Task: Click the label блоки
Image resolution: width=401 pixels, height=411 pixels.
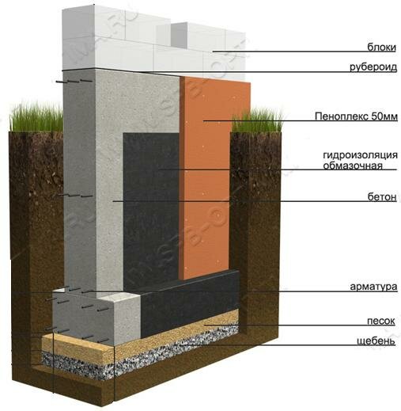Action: click(x=381, y=47)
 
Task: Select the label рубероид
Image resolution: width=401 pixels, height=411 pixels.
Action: click(x=373, y=67)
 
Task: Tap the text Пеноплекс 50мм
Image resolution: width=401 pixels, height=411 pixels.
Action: click(x=356, y=116)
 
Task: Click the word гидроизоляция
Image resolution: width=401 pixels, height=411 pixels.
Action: click(x=360, y=155)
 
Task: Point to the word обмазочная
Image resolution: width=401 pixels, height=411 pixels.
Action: click(x=353, y=166)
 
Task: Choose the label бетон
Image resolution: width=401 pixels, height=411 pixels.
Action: click(x=382, y=196)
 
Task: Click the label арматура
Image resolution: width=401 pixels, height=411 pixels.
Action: click(x=373, y=287)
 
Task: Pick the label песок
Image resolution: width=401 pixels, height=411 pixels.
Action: click(x=381, y=321)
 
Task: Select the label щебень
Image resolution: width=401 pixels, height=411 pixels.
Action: click(x=376, y=341)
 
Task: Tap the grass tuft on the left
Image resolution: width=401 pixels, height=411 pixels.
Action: click(x=36, y=117)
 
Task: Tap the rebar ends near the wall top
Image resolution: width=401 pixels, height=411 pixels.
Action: click(x=74, y=81)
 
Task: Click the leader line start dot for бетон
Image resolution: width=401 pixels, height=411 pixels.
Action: click(x=114, y=201)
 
